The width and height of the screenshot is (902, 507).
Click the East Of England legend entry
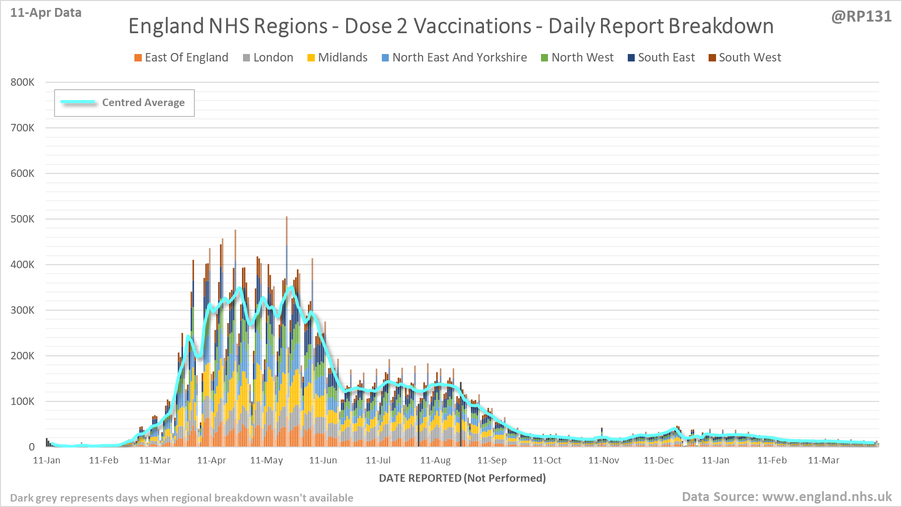pyautogui.click(x=181, y=57)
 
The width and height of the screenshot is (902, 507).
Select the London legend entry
pyautogui.click(x=268, y=57)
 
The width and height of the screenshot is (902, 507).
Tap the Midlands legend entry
pyautogui.click(x=338, y=57)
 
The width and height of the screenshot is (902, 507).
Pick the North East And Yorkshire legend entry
pyautogui.click(x=454, y=57)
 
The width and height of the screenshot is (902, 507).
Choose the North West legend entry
pyautogui.click(x=577, y=57)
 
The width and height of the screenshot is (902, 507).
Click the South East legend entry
pyautogui.click(x=661, y=57)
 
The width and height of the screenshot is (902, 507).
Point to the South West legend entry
pyautogui.click(x=745, y=57)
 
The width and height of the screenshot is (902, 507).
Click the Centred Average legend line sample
pyautogui.click(x=78, y=102)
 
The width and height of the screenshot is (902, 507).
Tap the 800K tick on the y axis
pyautogui.click(x=22, y=82)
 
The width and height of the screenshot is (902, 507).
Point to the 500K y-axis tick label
pyautogui.click(x=22, y=219)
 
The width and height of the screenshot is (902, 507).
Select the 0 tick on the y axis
pyautogui.click(x=32, y=447)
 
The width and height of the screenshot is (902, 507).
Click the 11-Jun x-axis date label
pyautogui.click(x=323, y=460)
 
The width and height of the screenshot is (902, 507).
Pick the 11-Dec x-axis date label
pyautogui.click(x=659, y=460)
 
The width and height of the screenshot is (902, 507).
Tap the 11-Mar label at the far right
pyautogui.click(x=823, y=460)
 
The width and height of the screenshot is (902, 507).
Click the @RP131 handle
pyautogui.click(x=861, y=16)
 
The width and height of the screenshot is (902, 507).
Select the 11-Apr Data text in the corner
pyautogui.click(x=46, y=13)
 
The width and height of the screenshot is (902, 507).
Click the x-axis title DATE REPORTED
pyautogui.click(x=462, y=478)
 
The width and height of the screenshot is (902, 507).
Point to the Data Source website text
pyautogui.click(x=786, y=497)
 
